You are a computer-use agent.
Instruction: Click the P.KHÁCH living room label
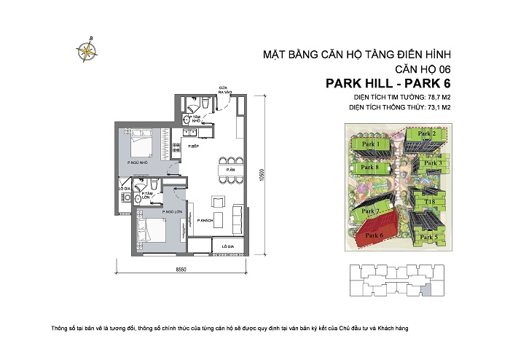click(x=203, y=220)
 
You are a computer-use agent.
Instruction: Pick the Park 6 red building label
click(x=374, y=235)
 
